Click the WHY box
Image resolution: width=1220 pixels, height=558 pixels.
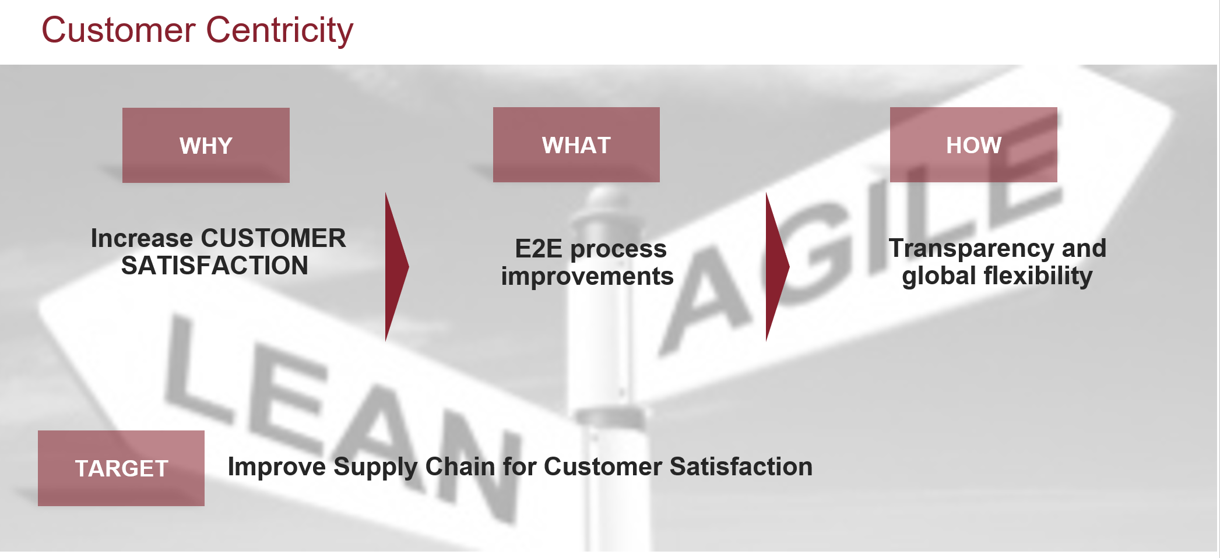206,145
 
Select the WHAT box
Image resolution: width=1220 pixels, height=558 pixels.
576,144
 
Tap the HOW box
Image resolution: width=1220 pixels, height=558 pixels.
973,144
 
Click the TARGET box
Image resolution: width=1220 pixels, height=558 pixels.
121,468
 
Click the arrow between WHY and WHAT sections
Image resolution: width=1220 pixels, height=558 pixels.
396,267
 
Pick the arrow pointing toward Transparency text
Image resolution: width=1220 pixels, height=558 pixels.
777,267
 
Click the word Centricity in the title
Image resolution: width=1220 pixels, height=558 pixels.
280,30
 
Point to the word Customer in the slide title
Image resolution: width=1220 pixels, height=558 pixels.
118,30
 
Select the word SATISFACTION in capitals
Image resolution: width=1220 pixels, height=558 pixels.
215,266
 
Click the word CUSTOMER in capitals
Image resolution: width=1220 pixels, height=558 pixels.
273,238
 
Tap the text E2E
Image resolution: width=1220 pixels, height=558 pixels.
539,249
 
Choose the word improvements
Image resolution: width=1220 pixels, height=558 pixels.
588,276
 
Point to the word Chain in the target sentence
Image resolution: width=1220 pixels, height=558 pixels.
460,467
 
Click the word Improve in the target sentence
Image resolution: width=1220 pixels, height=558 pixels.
277,467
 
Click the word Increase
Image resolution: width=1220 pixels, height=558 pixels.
142,238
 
